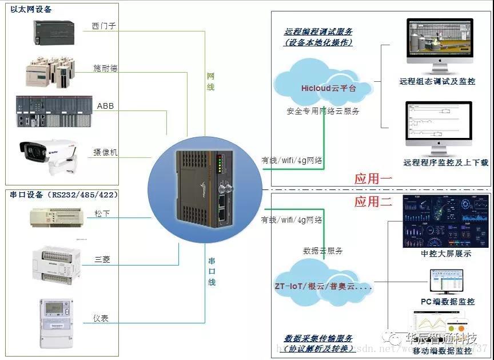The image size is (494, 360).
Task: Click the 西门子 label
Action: point(103,26)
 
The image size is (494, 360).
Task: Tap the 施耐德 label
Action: point(105,68)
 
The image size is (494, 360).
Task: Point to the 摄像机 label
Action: point(105,152)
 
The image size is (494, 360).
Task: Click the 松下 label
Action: point(102,214)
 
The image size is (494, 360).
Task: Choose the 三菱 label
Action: point(102,259)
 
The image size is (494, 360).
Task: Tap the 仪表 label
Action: point(101,318)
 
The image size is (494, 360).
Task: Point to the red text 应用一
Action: point(373,179)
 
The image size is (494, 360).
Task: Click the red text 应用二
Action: point(373,201)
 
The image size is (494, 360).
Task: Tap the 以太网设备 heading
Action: point(31,9)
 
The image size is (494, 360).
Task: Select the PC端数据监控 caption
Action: point(448,302)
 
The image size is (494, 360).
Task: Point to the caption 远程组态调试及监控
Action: point(437,81)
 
